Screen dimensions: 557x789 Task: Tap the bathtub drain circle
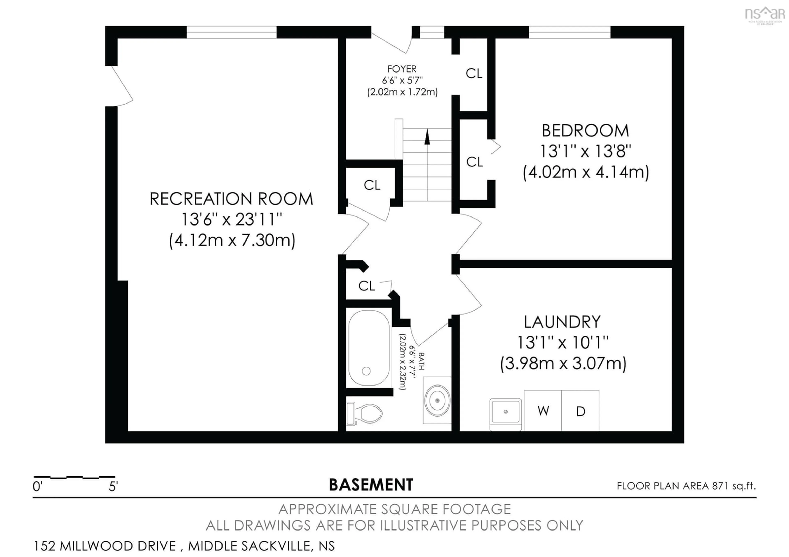click(366, 371)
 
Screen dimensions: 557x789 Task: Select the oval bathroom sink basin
click(437, 400)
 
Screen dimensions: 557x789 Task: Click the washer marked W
click(543, 411)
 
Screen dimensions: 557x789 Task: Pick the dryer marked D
click(580, 411)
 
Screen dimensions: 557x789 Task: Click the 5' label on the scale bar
click(113, 487)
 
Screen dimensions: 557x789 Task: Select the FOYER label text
click(402, 69)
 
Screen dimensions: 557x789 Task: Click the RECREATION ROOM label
click(231, 199)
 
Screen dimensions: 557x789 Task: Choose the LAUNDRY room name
click(562, 322)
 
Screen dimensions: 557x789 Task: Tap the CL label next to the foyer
click(474, 73)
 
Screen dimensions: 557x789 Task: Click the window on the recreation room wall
click(231, 32)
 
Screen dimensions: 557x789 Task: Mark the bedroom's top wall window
click(569, 32)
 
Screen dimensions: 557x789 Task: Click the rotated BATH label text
click(421, 361)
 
